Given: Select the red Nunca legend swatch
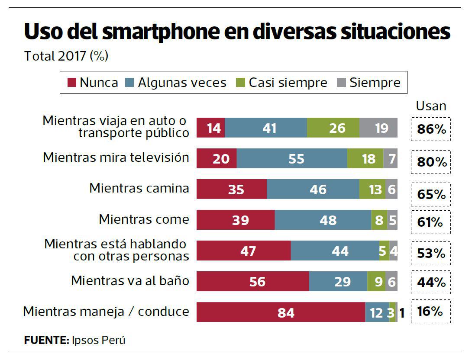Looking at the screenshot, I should click(72, 83).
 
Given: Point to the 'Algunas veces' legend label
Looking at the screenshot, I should click(182, 83).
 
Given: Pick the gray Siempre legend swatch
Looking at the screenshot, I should click(341, 83).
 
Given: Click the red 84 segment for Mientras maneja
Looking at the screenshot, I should click(281, 312).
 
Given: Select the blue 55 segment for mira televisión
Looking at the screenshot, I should click(292, 158).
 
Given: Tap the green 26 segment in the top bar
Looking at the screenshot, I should click(333, 128).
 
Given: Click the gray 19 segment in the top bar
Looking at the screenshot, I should click(378, 128).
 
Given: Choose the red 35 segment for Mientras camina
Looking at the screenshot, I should click(232, 189).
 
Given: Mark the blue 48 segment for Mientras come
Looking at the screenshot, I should click(323, 220).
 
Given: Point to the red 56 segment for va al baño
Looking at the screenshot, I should click(252, 282).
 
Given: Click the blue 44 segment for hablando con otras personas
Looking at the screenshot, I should click(335, 251).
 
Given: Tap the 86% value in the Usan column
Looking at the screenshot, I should click(431, 129).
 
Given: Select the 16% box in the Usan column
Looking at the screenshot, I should click(430, 312).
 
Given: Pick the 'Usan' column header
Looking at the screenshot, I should click(431, 106).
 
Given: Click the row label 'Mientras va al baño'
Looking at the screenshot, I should click(130, 281).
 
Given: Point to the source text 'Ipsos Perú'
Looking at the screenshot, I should click(99, 340).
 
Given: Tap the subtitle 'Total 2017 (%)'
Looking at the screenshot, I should click(66, 56).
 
